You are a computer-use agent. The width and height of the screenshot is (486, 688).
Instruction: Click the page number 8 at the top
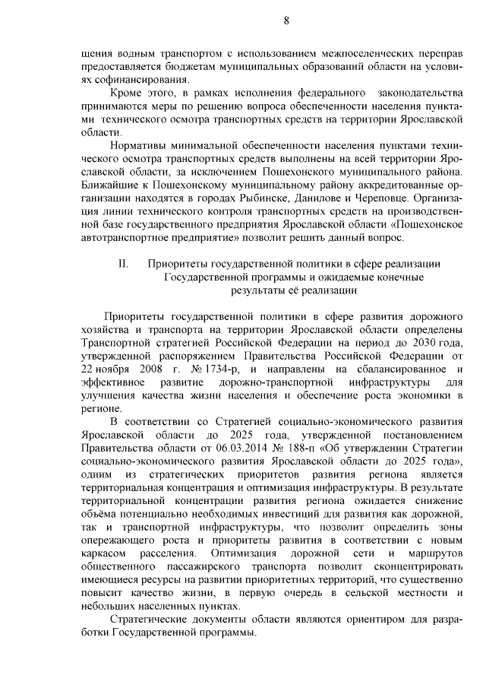286,21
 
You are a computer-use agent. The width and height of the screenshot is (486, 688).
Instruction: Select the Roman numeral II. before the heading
123,264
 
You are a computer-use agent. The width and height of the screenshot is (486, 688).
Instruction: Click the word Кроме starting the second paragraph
129,92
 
